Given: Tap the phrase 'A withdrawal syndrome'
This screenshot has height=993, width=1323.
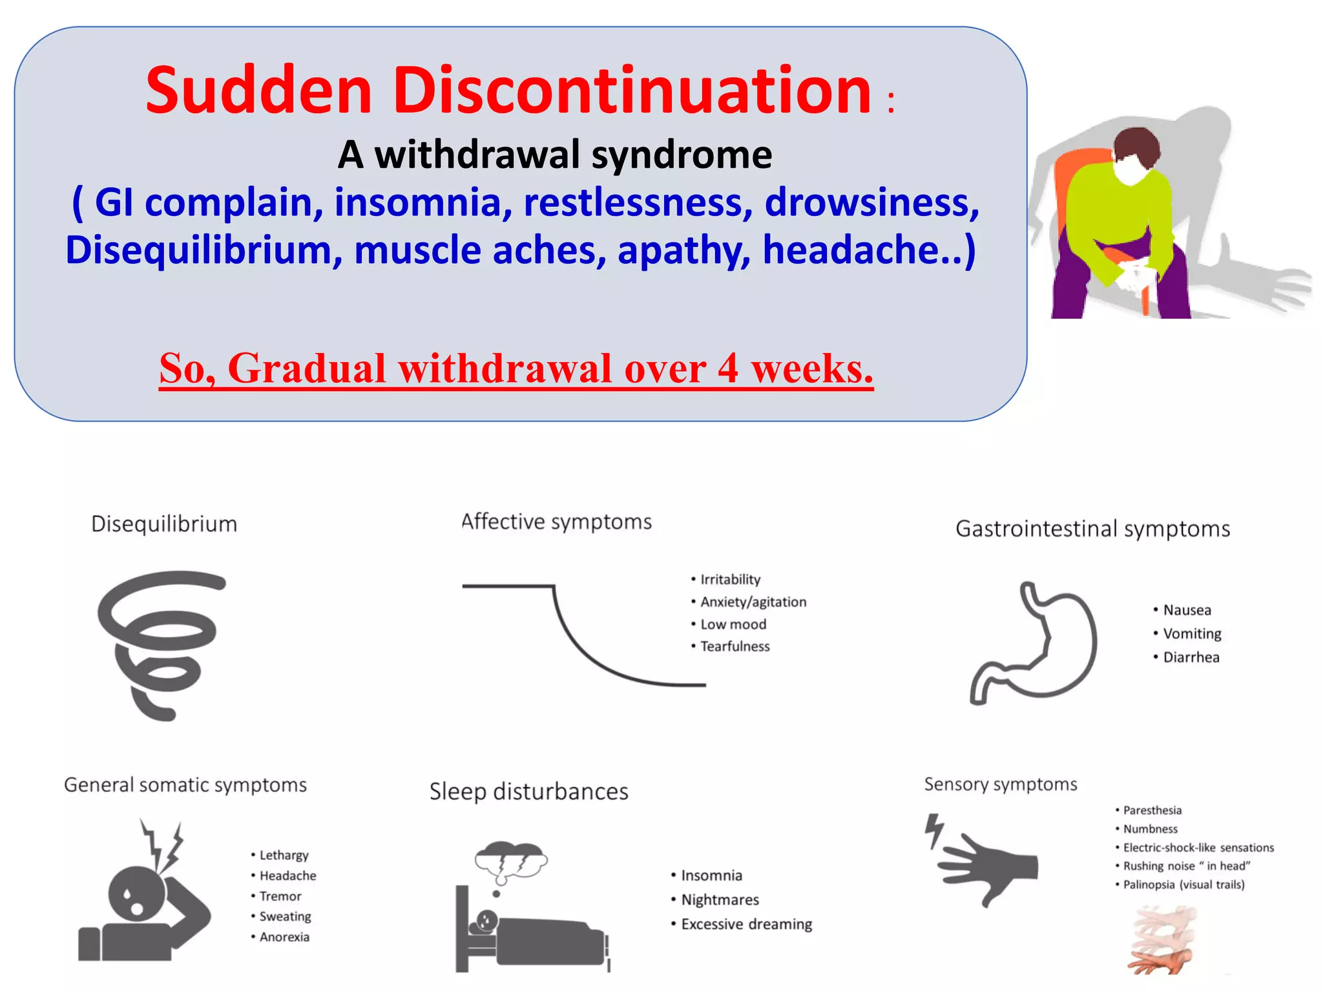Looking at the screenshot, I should point(554,155).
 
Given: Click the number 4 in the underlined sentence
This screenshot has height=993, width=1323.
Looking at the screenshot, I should point(727,368).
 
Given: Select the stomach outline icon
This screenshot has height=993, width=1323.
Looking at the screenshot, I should point(1034,643).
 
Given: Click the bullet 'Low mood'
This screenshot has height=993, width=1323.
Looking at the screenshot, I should point(733,625).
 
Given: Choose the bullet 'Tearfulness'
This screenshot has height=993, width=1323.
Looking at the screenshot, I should point(734,646).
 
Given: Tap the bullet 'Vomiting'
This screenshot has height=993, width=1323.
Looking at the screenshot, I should point(1191,634).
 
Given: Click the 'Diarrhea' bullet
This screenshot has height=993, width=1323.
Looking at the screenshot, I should point(1191,657).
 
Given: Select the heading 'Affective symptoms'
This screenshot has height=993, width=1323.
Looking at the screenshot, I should point(556,522).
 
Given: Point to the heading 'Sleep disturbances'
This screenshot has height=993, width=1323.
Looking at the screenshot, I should point(528,791).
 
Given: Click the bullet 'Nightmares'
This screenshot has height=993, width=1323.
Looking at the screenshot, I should point(720,900).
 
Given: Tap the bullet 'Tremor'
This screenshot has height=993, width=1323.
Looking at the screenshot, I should point(280,896).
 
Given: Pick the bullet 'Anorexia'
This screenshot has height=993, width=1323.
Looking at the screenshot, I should point(284,937).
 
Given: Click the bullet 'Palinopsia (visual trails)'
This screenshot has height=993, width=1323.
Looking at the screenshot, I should point(1183,884).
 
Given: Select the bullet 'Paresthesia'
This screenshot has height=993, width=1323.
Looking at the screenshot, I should point(1152,810).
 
